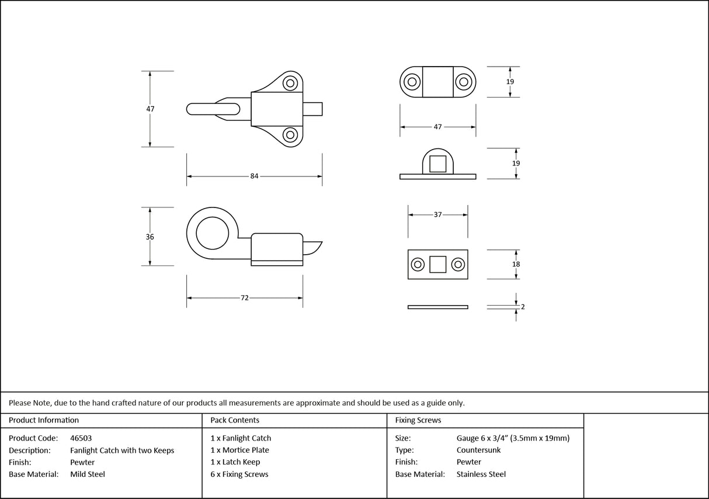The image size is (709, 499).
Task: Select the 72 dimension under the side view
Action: pyautogui.click(x=244, y=298)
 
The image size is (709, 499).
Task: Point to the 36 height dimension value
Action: pyautogui.click(x=150, y=237)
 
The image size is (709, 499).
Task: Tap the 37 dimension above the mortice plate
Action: pyautogui.click(x=437, y=215)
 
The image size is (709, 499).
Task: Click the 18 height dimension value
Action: pyautogui.click(x=516, y=264)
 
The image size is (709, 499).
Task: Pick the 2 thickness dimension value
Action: pyautogui.click(x=522, y=306)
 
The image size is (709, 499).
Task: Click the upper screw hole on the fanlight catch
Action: pyautogui.click(x=290, y=83)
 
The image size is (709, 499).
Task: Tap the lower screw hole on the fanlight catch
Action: pyautogui.click(x=290, y=135)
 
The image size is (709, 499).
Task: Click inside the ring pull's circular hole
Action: pyautogui.click(x=213, y=235)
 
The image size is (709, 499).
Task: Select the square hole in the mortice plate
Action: pyautogui.click(x=437, y=265)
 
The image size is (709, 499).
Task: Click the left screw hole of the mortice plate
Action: pyautogui.click(x=418, y=265)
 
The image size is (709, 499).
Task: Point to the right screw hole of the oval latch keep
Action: pyautogui.click(x=464, y=82)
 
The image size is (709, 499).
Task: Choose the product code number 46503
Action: pyautogui.click(x=81, y=438)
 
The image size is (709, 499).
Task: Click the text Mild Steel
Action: pyautogui.click(x=88, y=474)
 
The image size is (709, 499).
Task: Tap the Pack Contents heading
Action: pyautogui.click(x=235, y=420)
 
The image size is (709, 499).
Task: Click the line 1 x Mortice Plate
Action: pyautogui.click(x=240, y=451)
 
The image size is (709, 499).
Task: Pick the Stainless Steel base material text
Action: pyautogui.click(x=481, y=474)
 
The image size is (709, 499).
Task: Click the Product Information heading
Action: pyautogui.click(x=44, y=420)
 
